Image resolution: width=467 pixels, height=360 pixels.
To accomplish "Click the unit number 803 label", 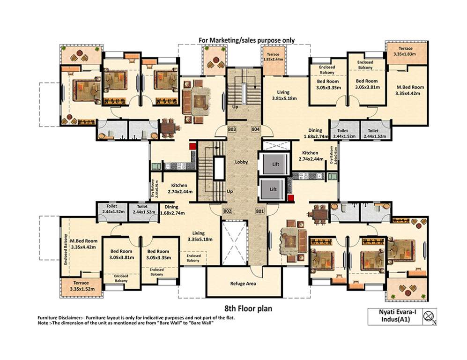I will [232, 128].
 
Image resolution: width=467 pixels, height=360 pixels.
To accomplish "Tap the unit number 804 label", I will [255, 128].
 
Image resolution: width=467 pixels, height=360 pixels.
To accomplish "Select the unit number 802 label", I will [228, 211].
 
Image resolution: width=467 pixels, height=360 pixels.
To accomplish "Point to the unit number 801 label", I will [259, 211].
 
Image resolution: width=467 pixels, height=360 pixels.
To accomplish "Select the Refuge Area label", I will [242, 283].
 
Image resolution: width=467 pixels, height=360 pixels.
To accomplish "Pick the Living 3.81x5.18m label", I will [284, 95].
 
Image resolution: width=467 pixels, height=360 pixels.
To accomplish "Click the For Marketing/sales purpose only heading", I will [247, 40].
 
